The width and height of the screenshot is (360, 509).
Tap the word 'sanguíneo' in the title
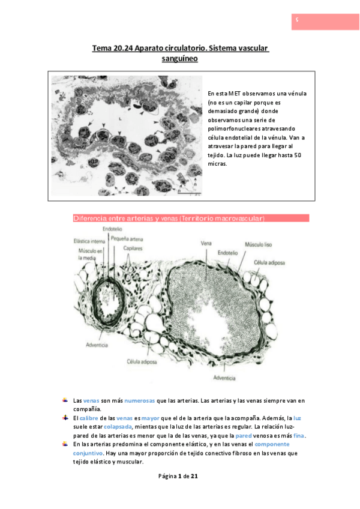[180, 59]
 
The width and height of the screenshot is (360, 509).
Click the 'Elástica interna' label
[84, 241]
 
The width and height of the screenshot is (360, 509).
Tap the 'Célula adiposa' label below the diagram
[141, 362]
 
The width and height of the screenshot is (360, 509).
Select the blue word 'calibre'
[89, 418]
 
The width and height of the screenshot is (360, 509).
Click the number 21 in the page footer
[194, 476]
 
